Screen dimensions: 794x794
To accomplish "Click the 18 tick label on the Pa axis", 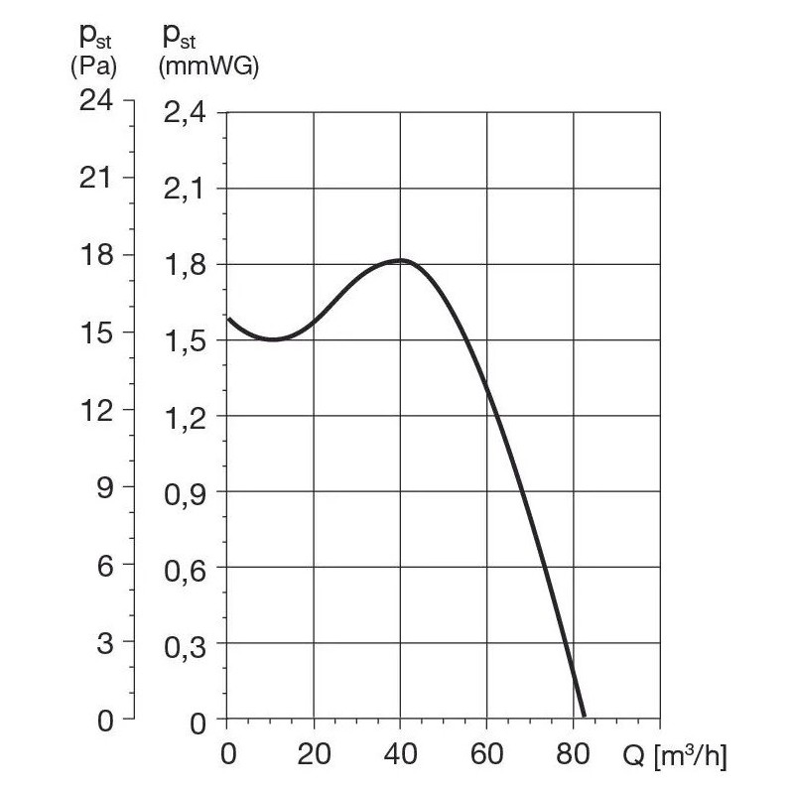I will point(97,255).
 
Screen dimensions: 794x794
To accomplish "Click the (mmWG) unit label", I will point(208,68).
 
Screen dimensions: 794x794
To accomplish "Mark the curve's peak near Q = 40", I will point(400,260).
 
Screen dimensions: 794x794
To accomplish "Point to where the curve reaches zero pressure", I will point(584,716).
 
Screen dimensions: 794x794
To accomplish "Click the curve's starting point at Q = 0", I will point(228,319).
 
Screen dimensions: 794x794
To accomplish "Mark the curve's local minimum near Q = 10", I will point(273,339).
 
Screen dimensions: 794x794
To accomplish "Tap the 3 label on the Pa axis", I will point(104,642).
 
